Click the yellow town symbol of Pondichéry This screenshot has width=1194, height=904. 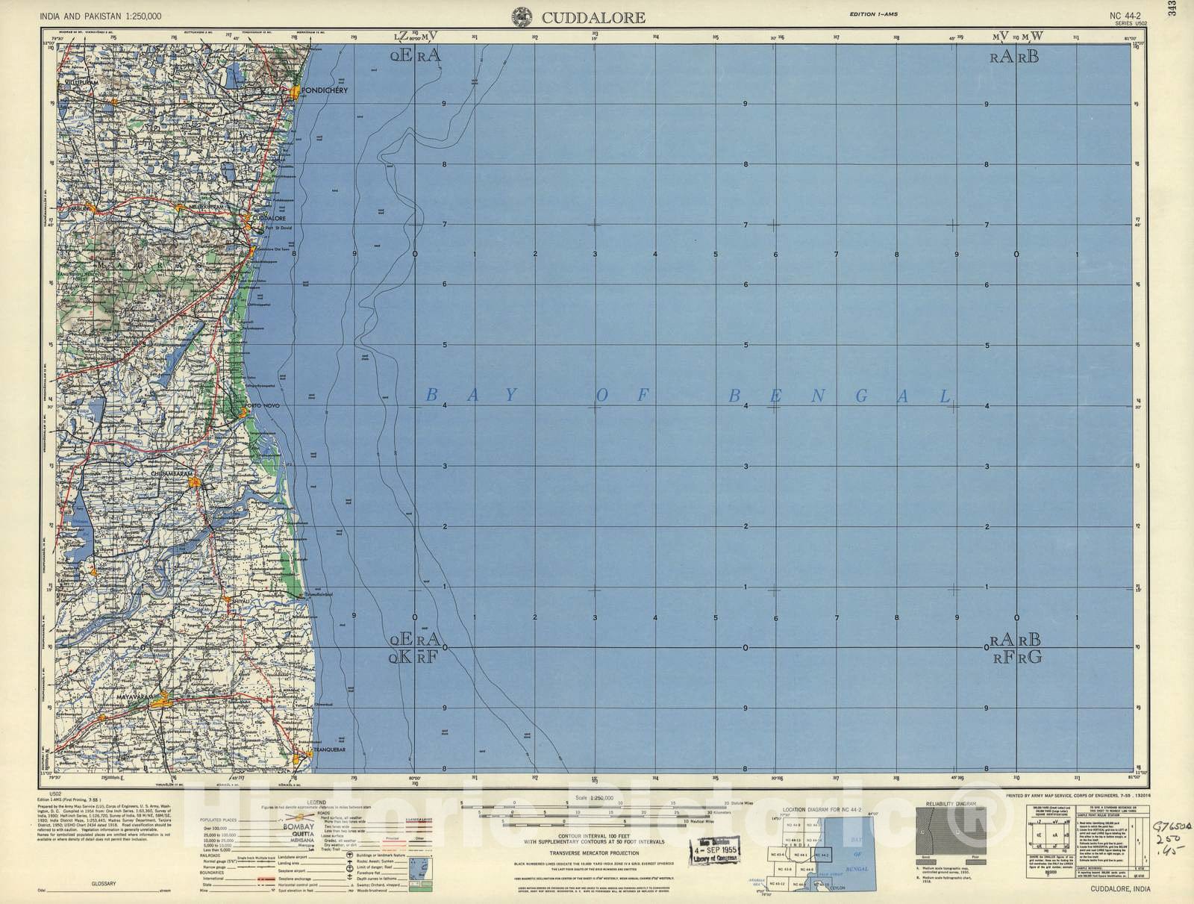coord(296,92)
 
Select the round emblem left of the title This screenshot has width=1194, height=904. coord(522,16)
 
